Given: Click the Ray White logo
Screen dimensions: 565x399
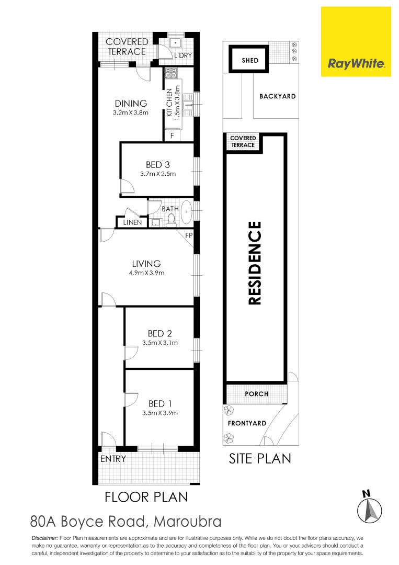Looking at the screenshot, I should point(356,42).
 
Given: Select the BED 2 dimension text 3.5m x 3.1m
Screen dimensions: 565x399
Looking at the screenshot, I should point(160,343).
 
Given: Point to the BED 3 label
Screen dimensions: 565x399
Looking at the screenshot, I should point(157,165).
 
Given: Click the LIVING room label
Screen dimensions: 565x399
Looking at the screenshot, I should point(146,264).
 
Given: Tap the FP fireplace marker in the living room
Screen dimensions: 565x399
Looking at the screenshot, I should point(188,235).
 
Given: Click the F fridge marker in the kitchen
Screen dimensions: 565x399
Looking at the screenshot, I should point(172,136).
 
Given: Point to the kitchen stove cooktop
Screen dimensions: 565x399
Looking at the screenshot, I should point(171,74).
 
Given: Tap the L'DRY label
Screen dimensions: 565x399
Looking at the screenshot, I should point(184,55).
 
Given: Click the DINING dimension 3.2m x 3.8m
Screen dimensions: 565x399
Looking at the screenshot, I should point(131,112).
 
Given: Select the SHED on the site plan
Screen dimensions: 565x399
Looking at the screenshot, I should point(250,60).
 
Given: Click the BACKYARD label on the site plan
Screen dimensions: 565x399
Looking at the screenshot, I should point(277,96).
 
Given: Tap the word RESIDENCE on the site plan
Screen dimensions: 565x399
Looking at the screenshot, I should point(255,263).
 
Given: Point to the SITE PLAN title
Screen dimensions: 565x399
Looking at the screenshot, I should point(260,459).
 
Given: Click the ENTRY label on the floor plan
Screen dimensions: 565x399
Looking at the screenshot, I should point(112,459).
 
